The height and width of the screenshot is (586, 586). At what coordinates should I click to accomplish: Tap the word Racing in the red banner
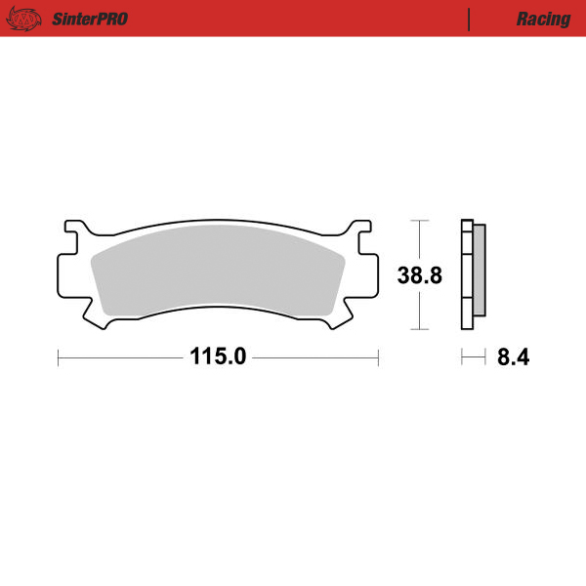543,19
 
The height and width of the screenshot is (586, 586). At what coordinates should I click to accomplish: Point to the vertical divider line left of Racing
470,19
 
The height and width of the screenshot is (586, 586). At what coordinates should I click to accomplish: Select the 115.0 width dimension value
218,357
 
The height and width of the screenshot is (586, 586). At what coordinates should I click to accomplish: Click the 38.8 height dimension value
420,275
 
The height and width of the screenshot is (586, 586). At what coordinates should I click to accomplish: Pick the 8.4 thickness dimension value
513,357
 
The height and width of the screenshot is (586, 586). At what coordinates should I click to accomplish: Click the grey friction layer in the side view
479,273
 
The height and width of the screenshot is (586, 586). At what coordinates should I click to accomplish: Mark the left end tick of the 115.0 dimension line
59,357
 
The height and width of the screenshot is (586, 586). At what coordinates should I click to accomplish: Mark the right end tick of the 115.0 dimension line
378,357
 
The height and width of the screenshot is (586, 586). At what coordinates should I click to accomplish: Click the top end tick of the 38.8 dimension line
420,222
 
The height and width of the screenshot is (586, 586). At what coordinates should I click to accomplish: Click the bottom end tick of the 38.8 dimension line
420,330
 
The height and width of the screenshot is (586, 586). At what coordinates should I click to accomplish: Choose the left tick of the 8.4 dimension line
462,357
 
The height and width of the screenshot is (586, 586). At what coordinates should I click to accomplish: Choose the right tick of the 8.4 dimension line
484,357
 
